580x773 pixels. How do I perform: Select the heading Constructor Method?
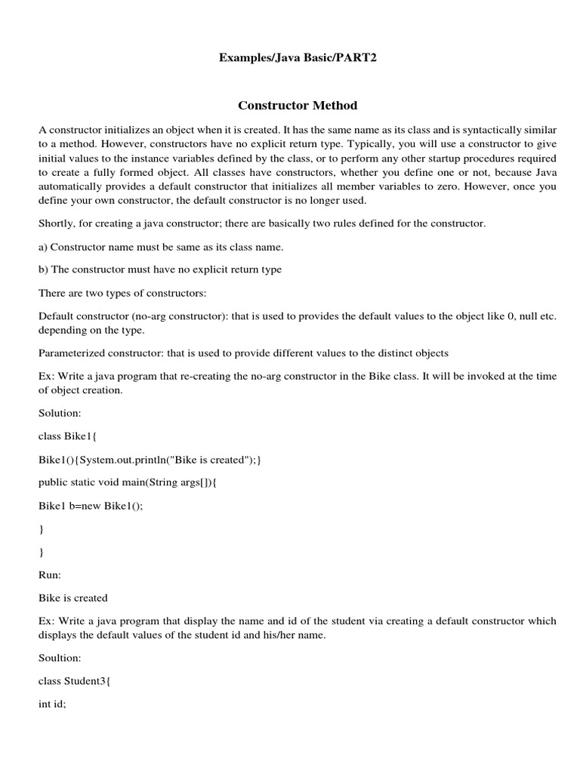pyautogui.click(x=297, y=105)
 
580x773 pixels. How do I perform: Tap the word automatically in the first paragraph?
pyautogui.click(x=72, y=186)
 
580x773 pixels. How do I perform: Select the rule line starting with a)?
pyautogui.click(x=161, y=246)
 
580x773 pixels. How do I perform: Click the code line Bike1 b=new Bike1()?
pyautogui.click(x=91, y=505)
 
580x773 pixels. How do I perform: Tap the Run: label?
pyautogui.click(x=50, y=574)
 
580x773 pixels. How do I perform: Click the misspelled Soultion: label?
pyautogui.click(x=60, y=658)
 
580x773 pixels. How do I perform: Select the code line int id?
pyautogui.click(x=52, y=704)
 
